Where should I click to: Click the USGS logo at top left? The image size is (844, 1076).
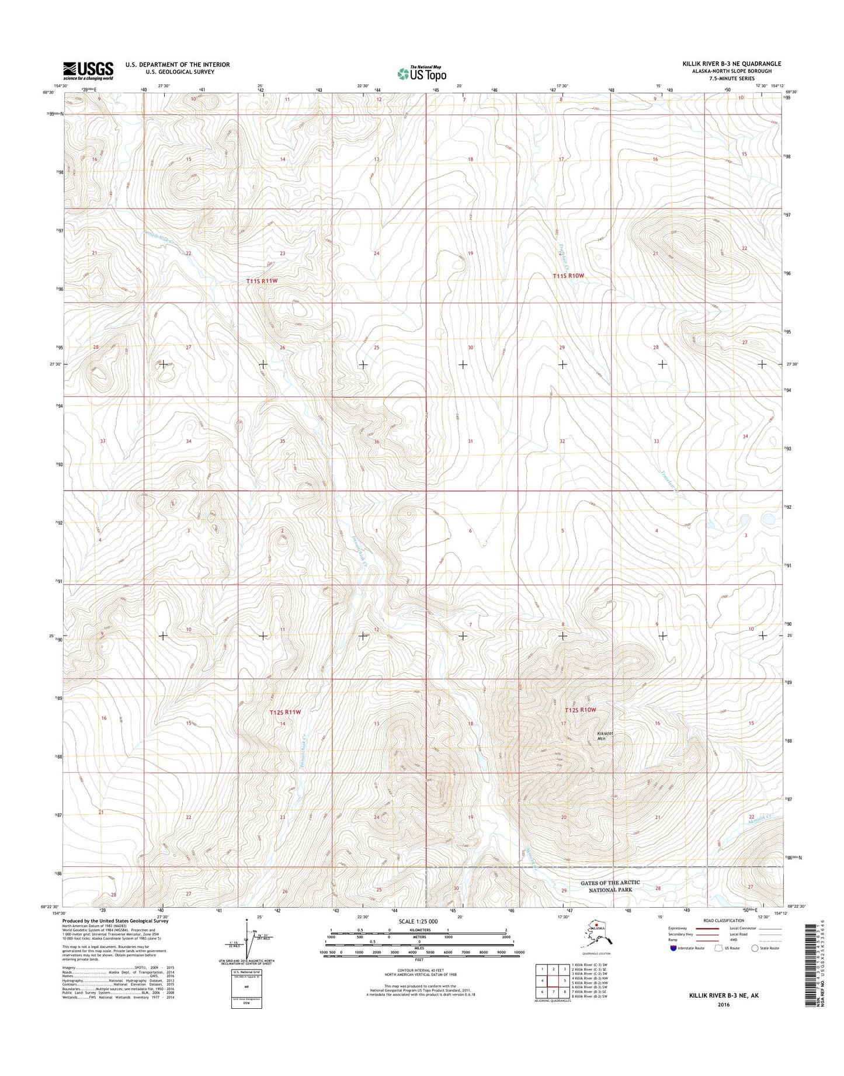pos(88,71)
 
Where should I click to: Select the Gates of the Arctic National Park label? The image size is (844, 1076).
pos(610,886)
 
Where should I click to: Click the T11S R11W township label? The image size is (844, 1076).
pos(262,281)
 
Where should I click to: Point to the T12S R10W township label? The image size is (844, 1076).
pos(581,710)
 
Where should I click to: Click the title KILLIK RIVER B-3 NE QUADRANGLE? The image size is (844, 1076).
pos(731,64)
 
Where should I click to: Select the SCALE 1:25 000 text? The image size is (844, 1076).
pos(418,921)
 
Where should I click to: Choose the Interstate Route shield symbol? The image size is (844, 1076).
pos(674,948)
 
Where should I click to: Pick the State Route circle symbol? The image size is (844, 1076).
pos(755,948)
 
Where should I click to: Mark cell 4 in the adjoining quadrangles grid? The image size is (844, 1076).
pos(543,981)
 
